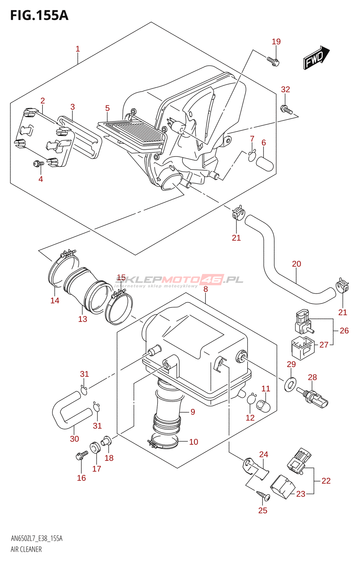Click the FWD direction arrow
(316, 58)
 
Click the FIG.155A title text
(39, 15)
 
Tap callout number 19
(276, 42)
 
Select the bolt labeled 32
(286, 110)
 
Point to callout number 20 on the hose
(296, 264)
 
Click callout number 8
(206, 289)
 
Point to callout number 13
(83, 319)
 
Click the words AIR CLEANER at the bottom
(26, 549)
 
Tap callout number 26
(344, 331)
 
